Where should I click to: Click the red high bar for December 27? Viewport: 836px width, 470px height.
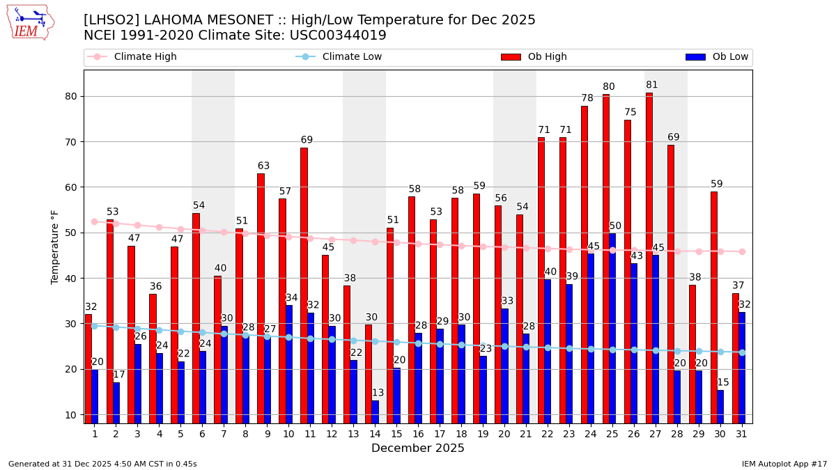tap(649, 258)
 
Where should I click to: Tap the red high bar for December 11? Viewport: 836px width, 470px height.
tap(304, 285)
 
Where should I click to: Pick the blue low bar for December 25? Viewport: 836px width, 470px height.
tap(612, 328)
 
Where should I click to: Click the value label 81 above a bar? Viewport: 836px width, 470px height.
tap(652, 85)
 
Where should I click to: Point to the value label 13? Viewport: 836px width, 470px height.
tap(378, 393)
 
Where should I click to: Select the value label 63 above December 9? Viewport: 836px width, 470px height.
tap(263, 166)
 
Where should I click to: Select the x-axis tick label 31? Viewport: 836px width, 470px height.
tap(741, 434)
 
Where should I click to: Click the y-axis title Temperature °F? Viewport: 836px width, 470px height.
tap(56, 246)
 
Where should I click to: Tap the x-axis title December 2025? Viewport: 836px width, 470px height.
tap(418, 448)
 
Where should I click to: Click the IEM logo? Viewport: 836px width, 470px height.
tap(30, 23)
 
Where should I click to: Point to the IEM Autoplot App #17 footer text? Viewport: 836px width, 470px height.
tap(784, 464)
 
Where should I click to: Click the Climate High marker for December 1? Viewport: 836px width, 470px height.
tap(94, 221)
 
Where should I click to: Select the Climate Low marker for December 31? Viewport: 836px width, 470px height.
tap(742, 352)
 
